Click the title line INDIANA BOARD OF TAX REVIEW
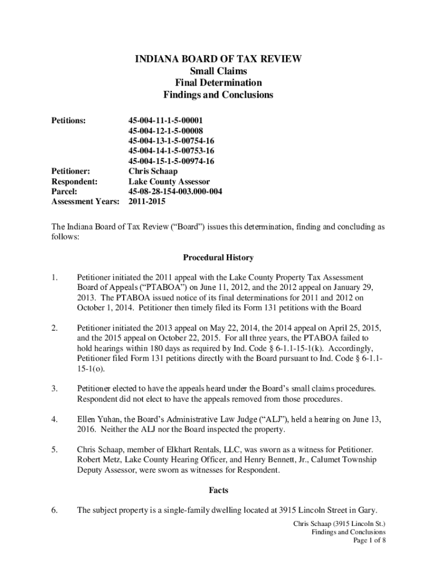coord(218,59)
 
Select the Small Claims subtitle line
coord(218,71)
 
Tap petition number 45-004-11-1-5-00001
coord(165,120)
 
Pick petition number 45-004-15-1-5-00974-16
coord(171,161)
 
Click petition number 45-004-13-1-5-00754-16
coord(171,141)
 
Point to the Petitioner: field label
coord(71,171)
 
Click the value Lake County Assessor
coord(169,182)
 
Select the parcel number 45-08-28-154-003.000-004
coord(175,192)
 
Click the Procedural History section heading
coord(218,258)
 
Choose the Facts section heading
coord(218,489)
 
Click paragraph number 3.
coord(54,389)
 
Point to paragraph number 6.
coord(54,510)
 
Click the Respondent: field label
coord(74,182)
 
